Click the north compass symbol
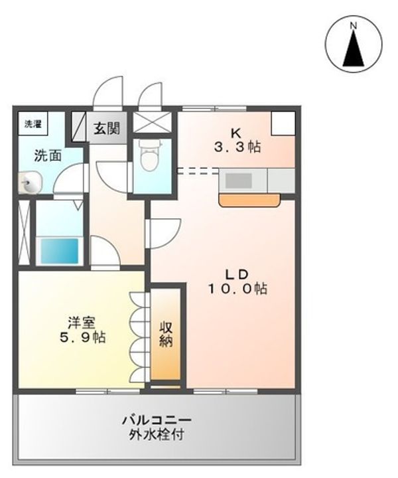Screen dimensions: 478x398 pyautogui.click(x=354, y=44)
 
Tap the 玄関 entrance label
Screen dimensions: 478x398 pyautogui.click(x=106, y=127)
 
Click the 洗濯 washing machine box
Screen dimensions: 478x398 pyautogui.click(x=32, y=124)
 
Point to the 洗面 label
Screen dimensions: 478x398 pyautogui.click(x=48, y=157)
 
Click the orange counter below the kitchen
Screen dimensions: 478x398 pyautogui.click(x=251, y=199)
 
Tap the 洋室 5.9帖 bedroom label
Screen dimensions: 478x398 pyautogui.click(x=81, y=330)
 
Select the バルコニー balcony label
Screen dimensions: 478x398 pyautogui.click(x=157, y=421)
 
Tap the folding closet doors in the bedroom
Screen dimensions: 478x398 pyautogui.click(x=139, y=332)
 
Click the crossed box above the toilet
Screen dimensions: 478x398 pyautogui.click(x=153, y=123)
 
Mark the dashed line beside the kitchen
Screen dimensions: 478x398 pyautogui.click(x=198, y=171)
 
